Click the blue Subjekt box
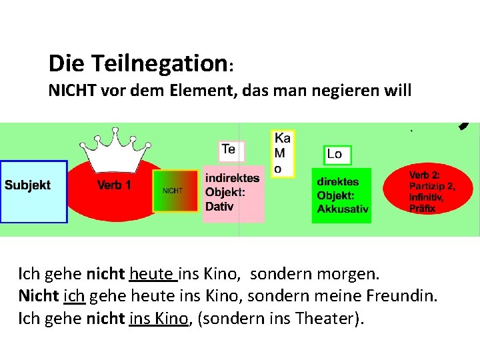(33, 191)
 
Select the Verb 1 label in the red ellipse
(114, 185)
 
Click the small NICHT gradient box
(175, 191)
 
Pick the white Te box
(231, 150)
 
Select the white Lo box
(337, 155)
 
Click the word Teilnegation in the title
(155, 64)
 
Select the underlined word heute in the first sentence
(151, 274)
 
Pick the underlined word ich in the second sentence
(73, 296)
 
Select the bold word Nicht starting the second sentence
(38, 296)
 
